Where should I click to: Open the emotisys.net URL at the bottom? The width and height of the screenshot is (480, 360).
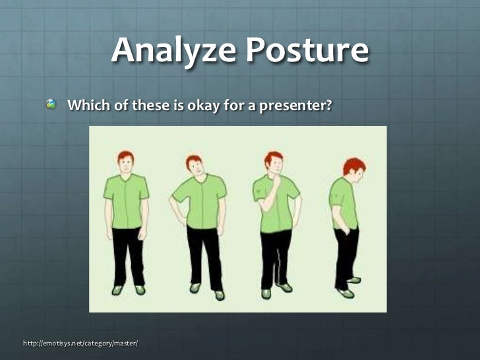[80, 344]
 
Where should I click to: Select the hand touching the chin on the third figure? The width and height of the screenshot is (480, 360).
[277, 179]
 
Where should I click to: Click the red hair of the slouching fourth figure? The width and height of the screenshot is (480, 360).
[354, 164]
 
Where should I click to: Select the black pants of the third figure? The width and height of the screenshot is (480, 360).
[275, 257]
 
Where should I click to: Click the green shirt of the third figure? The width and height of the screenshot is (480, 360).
[274, 208]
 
